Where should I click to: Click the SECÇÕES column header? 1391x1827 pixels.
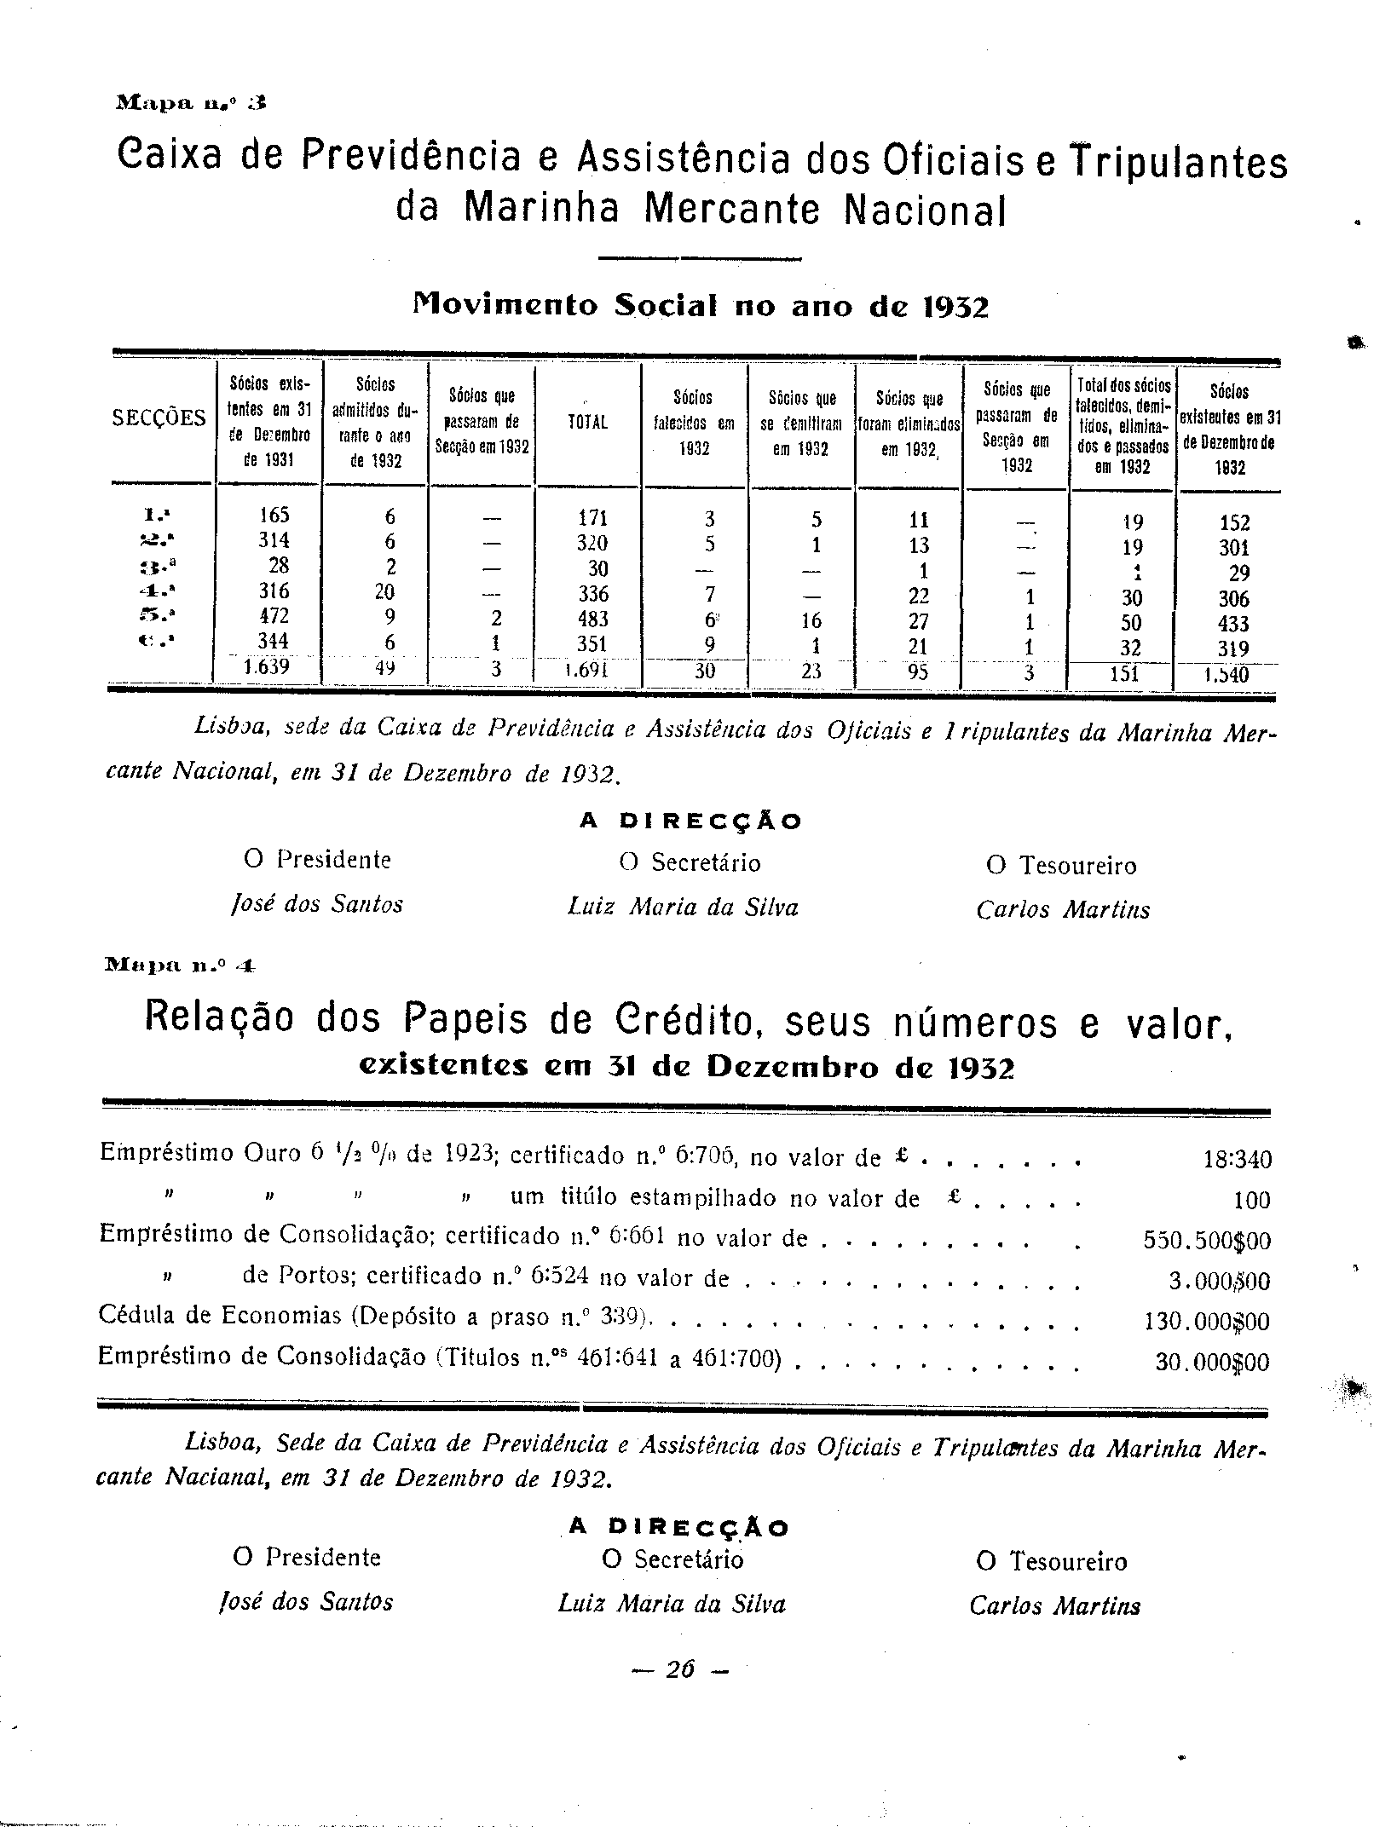159,418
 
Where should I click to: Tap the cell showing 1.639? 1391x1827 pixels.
267,667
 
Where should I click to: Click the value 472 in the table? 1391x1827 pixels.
274,616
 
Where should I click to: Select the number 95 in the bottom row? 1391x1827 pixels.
918,672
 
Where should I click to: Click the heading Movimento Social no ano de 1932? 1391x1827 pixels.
700,306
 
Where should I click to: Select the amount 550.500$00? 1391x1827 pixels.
1206,1241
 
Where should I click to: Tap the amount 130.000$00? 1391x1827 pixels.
1205,1322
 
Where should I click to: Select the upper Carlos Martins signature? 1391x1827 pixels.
1063,910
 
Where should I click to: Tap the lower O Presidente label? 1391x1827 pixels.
307,1557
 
